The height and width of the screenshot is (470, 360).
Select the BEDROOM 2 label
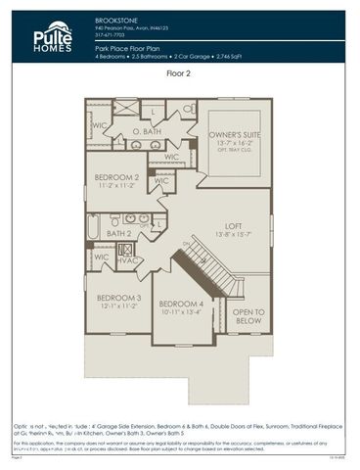(x=116, y=177)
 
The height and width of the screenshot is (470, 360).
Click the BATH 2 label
(x=118, y=234)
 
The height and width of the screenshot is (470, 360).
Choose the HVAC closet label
(x=127, y=259)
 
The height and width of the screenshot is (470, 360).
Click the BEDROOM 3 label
(x=118, y=297)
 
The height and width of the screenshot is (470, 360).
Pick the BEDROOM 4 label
(x=182, y=304)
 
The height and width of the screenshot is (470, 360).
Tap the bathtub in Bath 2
(x=93, y=226)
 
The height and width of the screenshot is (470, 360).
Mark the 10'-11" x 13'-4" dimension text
(x=182, y=312)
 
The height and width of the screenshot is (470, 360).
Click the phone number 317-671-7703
(x=111, y=34)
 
